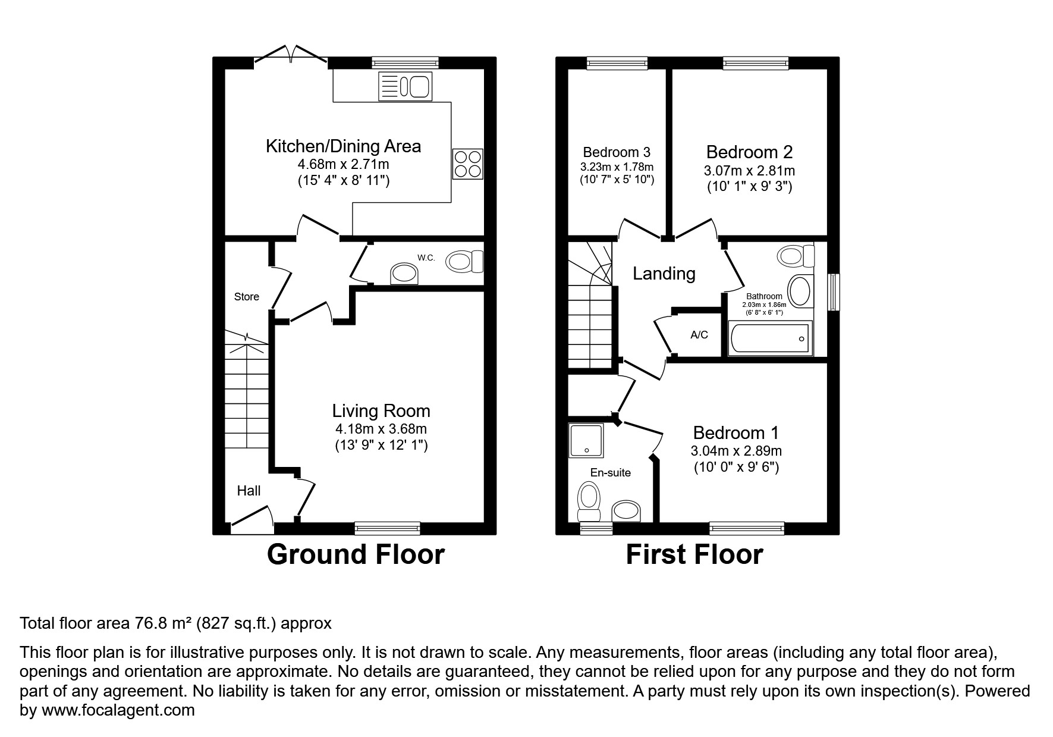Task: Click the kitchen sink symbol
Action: (405, 87)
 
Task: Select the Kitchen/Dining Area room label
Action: (343, 146)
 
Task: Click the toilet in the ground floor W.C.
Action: (465, 261)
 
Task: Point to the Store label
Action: (246, 297)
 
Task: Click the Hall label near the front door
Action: (249, 491)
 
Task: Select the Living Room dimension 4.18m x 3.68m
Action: (381, 429)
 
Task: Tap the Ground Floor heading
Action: (356, 554)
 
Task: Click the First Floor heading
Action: (694, 554)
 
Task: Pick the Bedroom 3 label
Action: (617, 152)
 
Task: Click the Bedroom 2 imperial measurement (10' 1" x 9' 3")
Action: (749, 187)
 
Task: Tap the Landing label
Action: (664, 274)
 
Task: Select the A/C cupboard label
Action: (699, 335)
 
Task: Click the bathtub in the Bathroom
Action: (769, 338)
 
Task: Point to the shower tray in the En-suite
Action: (586, 440)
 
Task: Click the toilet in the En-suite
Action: (589, 500)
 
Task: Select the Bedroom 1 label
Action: (735, 432)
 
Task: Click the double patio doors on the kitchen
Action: (291, 54)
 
